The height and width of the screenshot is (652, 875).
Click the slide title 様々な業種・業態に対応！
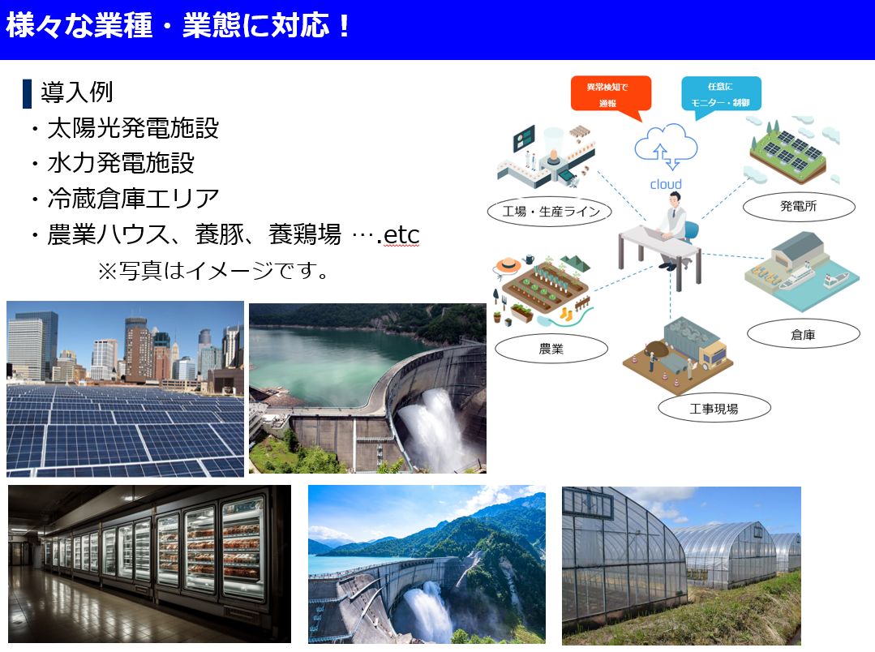179,26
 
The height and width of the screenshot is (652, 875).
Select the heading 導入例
76,92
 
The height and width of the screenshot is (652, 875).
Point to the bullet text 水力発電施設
121,163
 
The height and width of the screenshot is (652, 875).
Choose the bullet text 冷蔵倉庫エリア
133,198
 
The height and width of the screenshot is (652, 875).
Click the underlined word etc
401,235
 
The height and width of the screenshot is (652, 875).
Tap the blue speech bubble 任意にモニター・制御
721,93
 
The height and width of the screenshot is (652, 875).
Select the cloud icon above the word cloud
666,146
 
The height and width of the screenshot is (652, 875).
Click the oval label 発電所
798,208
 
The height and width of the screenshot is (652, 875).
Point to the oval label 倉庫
803,334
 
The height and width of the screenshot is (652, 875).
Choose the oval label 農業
551,350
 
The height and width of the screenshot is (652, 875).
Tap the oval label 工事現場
714,408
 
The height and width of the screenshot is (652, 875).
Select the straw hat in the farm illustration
509,264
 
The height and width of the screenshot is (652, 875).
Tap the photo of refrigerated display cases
149,564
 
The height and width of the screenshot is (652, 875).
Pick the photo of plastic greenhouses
681,565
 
